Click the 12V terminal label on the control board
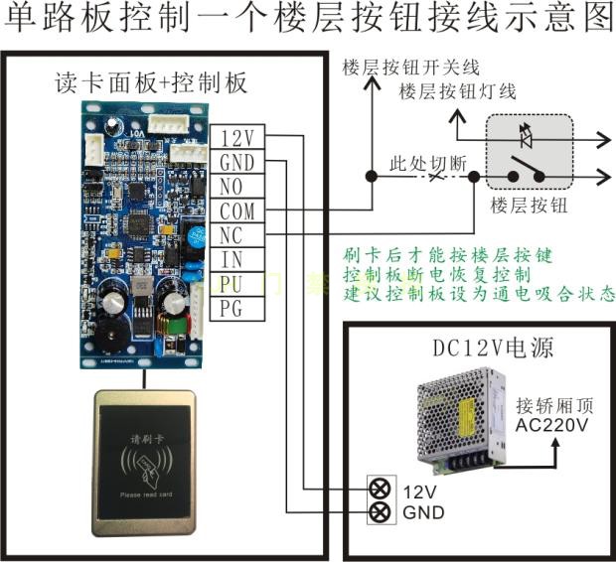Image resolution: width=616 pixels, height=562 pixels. point(238,138)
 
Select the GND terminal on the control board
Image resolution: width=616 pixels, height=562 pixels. point(238,163)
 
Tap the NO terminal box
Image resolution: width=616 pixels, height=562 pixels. point(238,187)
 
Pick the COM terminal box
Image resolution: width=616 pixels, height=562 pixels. point(238,211)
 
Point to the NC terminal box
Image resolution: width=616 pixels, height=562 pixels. point(238,235)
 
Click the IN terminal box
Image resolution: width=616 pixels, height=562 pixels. point(238,260)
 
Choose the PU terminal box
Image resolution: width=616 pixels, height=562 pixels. point(238,284)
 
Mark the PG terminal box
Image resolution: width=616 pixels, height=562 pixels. point(238,308)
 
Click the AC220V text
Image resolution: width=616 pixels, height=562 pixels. point(551,425)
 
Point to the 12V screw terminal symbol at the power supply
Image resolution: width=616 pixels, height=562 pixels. point(378,490)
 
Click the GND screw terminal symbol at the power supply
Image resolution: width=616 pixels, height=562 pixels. point(378,512)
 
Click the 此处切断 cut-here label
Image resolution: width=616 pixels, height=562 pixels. point(425,162)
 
